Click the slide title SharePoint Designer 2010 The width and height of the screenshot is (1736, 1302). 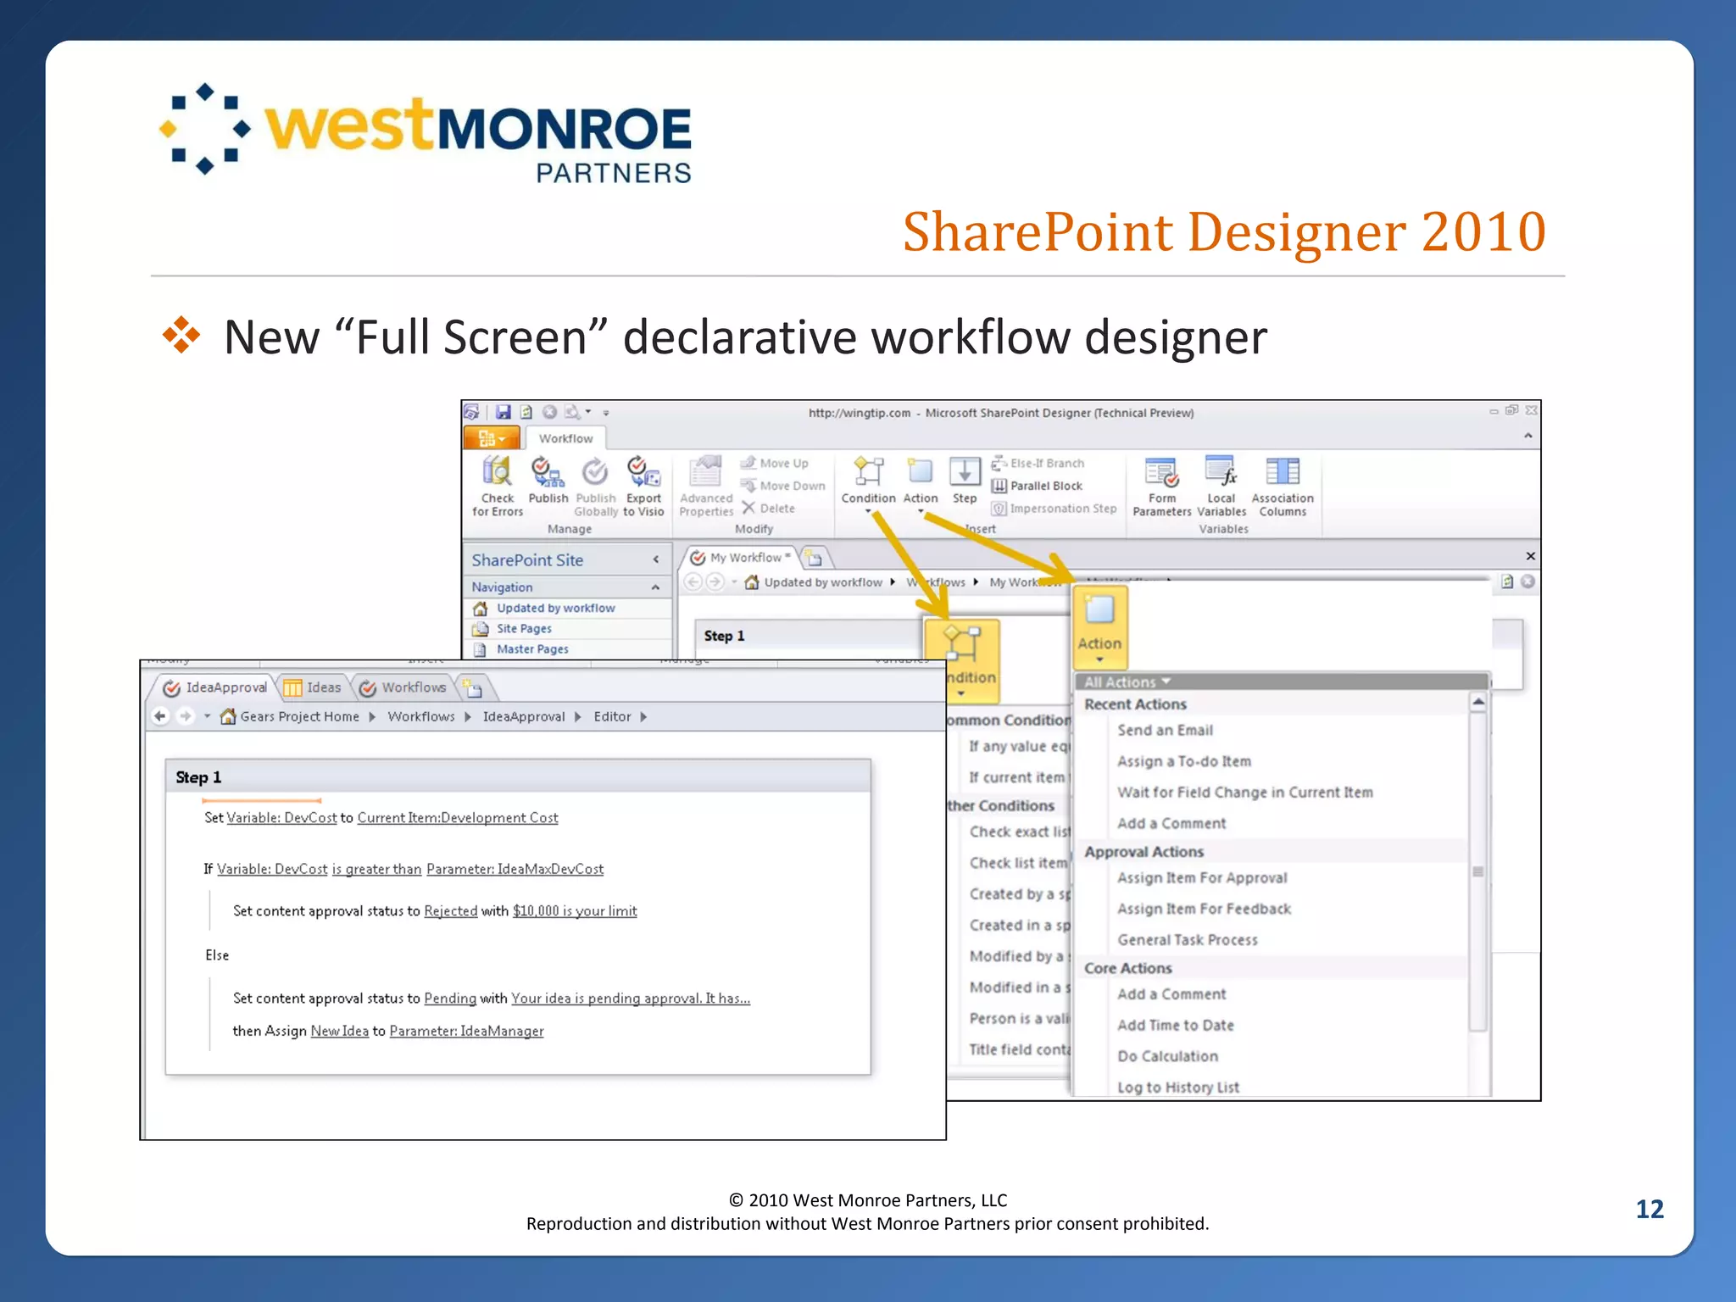click(x=1223, y=232)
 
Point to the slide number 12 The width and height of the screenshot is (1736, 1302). click(x=1649, y=1209)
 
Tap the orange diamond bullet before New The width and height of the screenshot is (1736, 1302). click(x=181, y=336)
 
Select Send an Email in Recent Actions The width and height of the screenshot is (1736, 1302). click(x=1165, y=730)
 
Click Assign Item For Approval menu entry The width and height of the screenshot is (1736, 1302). click(x=1202, y=877)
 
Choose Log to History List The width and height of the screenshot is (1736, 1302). click(x=1177, y=1087)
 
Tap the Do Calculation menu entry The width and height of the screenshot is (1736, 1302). click(x=1167, y=1055)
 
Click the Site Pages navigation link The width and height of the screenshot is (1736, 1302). click(x=524, y=628)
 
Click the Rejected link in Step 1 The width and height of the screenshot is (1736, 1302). click(x=450, y=910)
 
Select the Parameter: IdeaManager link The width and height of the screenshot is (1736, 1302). click(x=466, y=1031)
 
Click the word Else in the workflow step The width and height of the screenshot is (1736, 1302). click(x=217, y=954)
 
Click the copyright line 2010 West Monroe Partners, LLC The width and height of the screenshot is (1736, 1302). click(x=868, y=1199)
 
